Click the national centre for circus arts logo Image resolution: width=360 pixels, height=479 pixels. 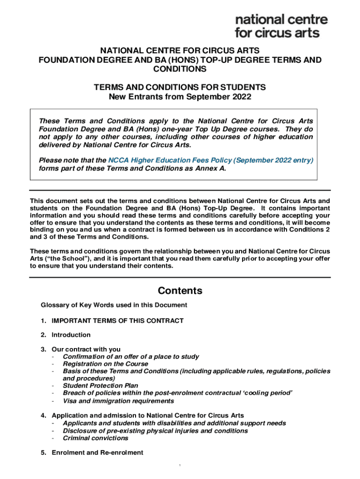coord(281,26)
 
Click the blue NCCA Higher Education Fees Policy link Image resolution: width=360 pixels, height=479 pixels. coord(210,160)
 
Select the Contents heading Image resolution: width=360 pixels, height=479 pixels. coord(180,290)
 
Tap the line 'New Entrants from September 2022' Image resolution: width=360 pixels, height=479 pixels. coord(180,97)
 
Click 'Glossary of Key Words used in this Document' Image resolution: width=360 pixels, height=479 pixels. coord(114,305)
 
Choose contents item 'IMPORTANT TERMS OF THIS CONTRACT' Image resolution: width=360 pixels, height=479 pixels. coord(117,320)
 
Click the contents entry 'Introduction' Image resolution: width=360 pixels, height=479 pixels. coord(71,335)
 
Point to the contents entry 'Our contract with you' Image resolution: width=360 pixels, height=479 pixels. coord(86,349)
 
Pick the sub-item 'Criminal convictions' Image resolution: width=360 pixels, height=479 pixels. coord(95,438)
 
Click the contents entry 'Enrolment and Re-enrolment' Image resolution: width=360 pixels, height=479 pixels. coord(97,452)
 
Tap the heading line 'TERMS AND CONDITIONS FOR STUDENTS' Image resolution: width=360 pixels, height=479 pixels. coord(180,87)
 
